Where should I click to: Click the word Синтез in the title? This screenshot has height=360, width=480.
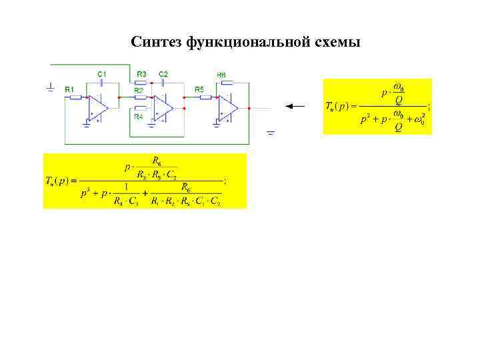point(157,43)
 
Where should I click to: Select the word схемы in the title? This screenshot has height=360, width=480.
point(337,43)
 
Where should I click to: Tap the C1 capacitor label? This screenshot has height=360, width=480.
point(102,73)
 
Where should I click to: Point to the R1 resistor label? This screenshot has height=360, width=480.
point(69,89)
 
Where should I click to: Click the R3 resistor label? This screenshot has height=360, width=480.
point(141,73)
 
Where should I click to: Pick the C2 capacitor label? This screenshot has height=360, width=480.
point(163,73)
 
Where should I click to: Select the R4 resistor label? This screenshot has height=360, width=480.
point(139,117)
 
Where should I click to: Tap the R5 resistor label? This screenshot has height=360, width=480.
point(199,89)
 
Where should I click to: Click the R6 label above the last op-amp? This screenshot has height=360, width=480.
point(221,75)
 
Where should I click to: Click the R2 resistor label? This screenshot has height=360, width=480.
point(139,89)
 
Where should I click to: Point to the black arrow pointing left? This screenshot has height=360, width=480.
point(294,106)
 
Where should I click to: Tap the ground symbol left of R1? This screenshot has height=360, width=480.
point(51,87)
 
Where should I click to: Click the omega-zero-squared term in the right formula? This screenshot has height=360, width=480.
point(419,119)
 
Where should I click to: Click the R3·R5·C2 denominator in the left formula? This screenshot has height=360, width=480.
point(157,175)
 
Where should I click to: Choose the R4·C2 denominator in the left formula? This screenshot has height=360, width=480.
point(125,201)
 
